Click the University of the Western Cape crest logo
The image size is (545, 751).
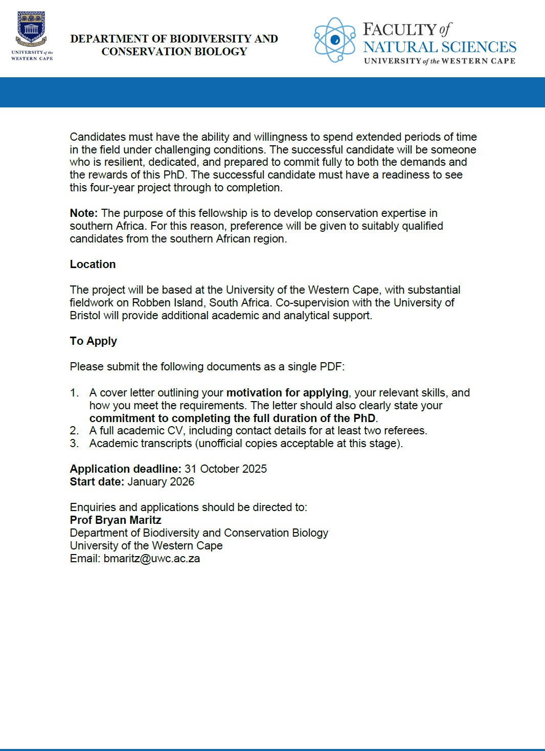pos(32,31)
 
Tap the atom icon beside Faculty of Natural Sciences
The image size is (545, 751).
pos(335,39)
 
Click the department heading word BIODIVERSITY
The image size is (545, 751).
pos(210,39)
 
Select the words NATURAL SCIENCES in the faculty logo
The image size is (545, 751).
pos(440,47)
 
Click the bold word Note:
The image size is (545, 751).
pos(84,213)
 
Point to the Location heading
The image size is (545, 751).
pos(93,264)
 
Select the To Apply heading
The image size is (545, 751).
pos(93,341)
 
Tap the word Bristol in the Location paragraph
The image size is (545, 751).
pos(85,316)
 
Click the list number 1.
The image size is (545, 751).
pos(74,393)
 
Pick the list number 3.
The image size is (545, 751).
pos(74,444)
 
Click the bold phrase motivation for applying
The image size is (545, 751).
pos(287,393)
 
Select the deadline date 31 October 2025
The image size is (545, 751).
pos(225,469)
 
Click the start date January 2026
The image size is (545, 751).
pos(161,482)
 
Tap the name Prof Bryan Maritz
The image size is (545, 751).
pos(116,520)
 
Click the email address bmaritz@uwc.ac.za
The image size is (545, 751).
pos(152,559)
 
